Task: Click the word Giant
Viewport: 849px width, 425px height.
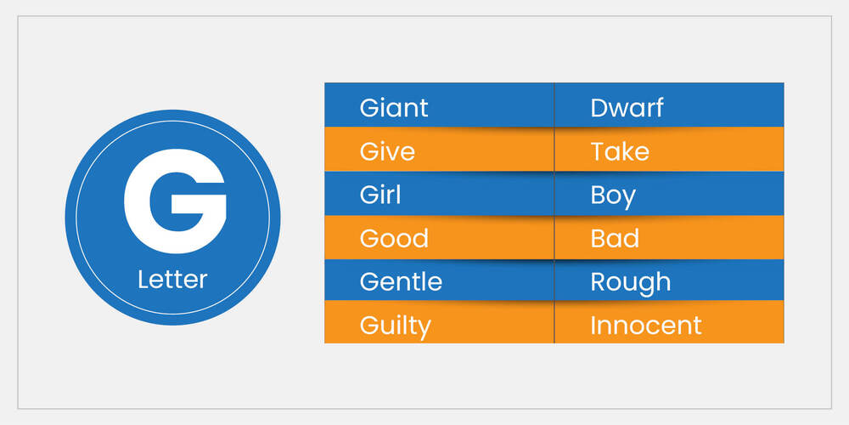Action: pyautogui.click(x=394, y=108)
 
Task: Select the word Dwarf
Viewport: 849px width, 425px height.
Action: pyautogui.click(x=627, y=108)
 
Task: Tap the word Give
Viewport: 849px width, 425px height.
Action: pyautogui.click(x=387, y=151)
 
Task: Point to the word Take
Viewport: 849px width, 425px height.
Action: pyautogui.click(x=620, y=151)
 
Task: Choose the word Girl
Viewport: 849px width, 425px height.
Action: pyautogui.click(x=380, y=195)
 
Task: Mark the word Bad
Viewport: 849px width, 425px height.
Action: pyautogui.click(x=615, y=238)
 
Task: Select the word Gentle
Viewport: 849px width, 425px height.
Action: pyautogui.click(x=401, y=281)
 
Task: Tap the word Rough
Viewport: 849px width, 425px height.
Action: pyautogui.click(x=630, y=282)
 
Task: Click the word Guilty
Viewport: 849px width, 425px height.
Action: pyautogui.click(x=395, y=326)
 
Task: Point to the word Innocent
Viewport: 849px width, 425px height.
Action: pyautogui.click(x=646, y=325)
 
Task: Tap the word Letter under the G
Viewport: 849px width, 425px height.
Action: pyautogui.click(x=172, y=279)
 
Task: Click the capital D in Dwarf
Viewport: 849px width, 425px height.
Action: pyautogui.click(x=599, y=108)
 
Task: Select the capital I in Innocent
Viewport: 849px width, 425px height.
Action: pyautogui.click(x=593, y=325)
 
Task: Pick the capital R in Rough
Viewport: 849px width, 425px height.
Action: pyautogui.click(x=599, y=281)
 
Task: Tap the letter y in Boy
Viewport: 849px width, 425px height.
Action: pyautogui.click(x=627, y=199)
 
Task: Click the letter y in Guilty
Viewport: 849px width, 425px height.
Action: pyautogui.click(x=422, y=328)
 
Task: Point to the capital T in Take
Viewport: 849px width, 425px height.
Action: pyautogui.click(x=598, y=151)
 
